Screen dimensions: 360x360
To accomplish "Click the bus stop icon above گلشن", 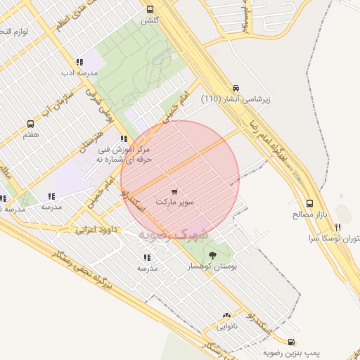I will tap(149, 9).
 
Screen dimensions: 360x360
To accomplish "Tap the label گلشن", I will tap(149, 20).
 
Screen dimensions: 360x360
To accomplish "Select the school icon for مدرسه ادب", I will tap(79, 62).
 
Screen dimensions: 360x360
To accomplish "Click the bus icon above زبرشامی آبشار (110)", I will tap(236, 89).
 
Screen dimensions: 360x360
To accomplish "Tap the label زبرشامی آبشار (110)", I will tap(236, 100).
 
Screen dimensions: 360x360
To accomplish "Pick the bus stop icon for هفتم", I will tap(30, 123).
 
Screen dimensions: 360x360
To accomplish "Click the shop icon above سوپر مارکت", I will tap(174, 191).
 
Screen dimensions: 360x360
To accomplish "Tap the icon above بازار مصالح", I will tap(310, 202).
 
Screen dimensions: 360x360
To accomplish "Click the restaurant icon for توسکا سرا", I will tap(338, 227).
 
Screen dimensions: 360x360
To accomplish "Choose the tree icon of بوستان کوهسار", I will tap(213, 256).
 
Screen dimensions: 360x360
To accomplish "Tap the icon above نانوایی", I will tap(226, 316).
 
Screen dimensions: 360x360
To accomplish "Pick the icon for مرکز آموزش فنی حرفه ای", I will tap(124, 139).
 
